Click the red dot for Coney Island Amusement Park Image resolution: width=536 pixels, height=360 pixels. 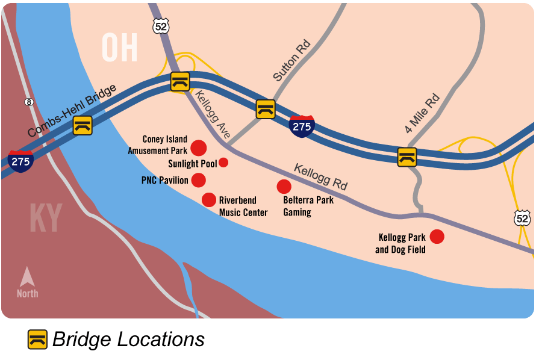(x=198, y=147)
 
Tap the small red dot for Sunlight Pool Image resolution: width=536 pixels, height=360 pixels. (x=223, y=162)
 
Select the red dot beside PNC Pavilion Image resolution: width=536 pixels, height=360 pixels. (x=198, y=180)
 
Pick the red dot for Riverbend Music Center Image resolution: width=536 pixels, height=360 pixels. (x=208, y=200)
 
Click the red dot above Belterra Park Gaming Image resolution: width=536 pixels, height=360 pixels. (x=284, y=187)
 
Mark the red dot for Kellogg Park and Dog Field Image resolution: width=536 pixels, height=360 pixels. (x=437, y=237)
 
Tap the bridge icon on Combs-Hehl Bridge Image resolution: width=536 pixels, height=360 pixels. (x=83, y=125)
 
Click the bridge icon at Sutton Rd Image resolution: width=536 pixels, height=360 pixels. (x=266, y=109)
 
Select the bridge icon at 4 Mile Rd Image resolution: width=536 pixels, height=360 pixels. (x=407, y=157)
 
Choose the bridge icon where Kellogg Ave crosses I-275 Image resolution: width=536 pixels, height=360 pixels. (x=179, y=81)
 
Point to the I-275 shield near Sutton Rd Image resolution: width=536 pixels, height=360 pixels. (x=301, y=126)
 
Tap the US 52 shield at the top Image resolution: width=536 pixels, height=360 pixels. (x=161, y=25)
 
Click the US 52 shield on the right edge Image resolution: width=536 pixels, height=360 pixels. (x=522, y=217)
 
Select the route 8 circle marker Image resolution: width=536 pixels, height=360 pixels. (x=28, y=102)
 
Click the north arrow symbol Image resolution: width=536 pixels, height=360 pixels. (x=27, y=278)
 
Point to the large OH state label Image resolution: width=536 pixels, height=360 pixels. (x=119, y=48)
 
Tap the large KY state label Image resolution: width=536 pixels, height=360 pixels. (x=46, y=219)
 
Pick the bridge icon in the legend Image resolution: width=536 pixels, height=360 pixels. (x=37, y=340)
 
